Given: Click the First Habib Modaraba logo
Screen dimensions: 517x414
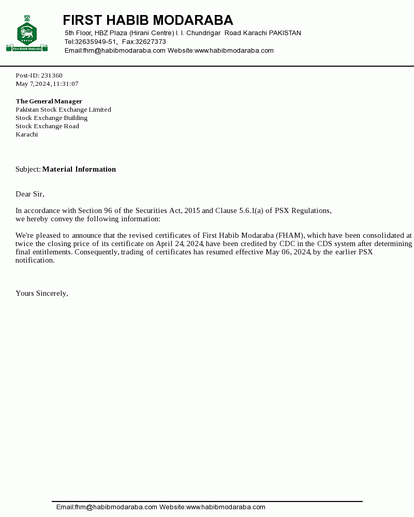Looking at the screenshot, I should [x=27, y=34].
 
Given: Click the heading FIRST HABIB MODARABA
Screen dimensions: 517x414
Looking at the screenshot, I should [x=148, y=20].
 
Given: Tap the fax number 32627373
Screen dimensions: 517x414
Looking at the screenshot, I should [x=151, y=42].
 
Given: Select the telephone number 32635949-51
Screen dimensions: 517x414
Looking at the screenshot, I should [x=96, y=42].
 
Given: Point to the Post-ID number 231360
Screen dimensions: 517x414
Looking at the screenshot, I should [x=52, y=75].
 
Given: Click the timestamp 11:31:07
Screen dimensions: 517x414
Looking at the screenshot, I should [x=65, y=84].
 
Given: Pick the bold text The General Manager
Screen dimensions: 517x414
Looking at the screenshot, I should [x=49, y=101].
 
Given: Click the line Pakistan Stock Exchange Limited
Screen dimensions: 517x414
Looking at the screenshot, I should [x=63, y=110].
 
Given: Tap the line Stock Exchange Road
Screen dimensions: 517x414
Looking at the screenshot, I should [x=47, y=126].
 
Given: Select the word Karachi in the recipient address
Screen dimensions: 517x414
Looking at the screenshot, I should [x=26, y=134].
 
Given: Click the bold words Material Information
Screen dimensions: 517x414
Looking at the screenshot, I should [x=79, y=169].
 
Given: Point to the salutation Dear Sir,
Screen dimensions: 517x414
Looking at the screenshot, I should [x=30, y=194].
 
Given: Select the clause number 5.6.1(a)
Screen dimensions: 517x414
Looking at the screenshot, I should [x=251, y=210].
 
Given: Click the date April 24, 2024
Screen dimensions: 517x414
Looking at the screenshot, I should [x=180, y=244].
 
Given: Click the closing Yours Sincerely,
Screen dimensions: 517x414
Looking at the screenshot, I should [x=42, y=293].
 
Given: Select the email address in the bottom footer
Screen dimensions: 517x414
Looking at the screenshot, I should [x=107, y=507].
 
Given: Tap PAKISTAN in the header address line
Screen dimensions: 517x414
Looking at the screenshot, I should [x=285, y=33].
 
